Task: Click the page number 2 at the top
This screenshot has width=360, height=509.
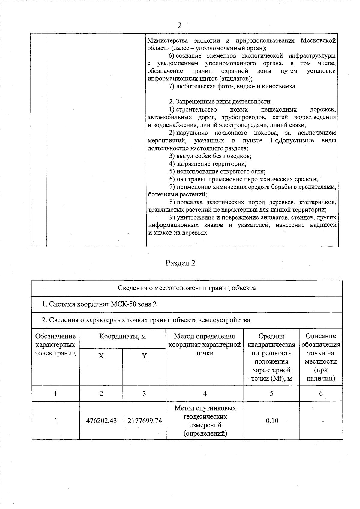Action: [x=179, y=25]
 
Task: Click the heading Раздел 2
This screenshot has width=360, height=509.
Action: [x=180, y=263]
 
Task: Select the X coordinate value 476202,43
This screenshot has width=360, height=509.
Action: [x=101, y=421]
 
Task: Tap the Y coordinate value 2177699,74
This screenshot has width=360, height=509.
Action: [x=145, y=421]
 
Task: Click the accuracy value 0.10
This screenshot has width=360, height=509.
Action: [x=272, y=421]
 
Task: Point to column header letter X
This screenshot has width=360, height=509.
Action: [x=101, y=356]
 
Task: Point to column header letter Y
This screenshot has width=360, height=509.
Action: [x=144, y=356]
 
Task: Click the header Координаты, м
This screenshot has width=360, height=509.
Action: [x=123, y=336]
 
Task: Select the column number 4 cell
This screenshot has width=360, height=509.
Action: [x=205, y=394]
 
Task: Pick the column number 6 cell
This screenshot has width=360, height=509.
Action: [x=321, y=394]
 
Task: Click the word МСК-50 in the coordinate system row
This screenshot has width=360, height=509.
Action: [x=124, y=304]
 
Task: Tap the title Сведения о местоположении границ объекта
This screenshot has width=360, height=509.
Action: [x=187, y=288]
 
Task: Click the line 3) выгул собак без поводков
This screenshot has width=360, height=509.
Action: [x=210, y=156]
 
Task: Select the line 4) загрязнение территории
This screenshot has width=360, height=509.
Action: [x=208, y=164]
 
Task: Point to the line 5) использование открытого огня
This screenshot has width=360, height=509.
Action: [x=217, y=172]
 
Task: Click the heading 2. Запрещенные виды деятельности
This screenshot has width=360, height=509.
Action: [x=220, y=102]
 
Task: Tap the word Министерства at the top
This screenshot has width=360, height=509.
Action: [x=168, y=40]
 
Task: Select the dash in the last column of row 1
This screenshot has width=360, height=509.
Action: [x=323, y=421]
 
